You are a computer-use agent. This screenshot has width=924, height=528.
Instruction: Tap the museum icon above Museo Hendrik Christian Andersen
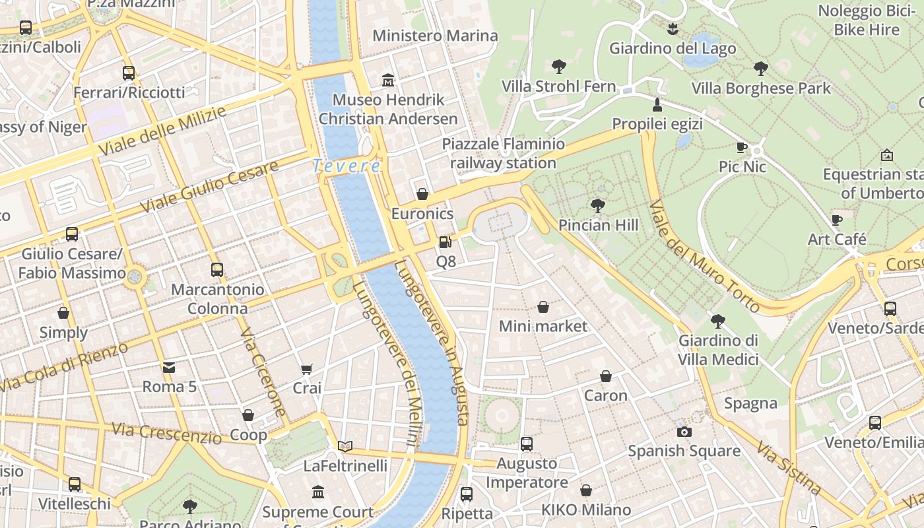[x=388, y=81]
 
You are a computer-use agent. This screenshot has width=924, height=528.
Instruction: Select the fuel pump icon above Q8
[x=445, y=242]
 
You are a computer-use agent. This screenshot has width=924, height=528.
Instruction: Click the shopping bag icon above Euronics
[x=422, y=194]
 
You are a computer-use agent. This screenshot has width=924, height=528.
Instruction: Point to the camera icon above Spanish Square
[x=684, y=432]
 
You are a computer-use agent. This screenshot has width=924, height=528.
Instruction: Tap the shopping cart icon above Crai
[x=307, y=369]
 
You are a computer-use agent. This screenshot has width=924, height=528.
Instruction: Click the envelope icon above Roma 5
[x=170, y=367]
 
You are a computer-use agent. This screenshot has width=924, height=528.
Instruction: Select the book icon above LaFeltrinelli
[x=345, y=446]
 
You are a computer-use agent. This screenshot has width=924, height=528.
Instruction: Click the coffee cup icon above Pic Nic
[x=742, y=147]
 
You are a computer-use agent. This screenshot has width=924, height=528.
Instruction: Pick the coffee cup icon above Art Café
[x=837, y=219]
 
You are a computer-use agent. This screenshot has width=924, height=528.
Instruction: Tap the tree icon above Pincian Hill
[x=598, y=205]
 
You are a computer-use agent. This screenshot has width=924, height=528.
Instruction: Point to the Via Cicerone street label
[x=263, y=372]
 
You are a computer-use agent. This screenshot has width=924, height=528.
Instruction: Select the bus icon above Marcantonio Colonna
[x=217, y=270]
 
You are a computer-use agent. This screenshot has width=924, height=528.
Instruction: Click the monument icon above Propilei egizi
[x=657, y=104]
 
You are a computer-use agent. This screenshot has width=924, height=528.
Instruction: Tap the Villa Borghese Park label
[x=761, y=88]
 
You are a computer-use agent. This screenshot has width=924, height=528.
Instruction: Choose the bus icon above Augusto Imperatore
[x=527, y=444]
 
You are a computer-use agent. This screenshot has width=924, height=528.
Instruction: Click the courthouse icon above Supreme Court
[x=318, y=492]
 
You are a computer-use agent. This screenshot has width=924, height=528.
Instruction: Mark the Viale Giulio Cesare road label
[x=209, y=187]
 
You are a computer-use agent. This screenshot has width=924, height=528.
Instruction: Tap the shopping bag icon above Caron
[x=606, y=376]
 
